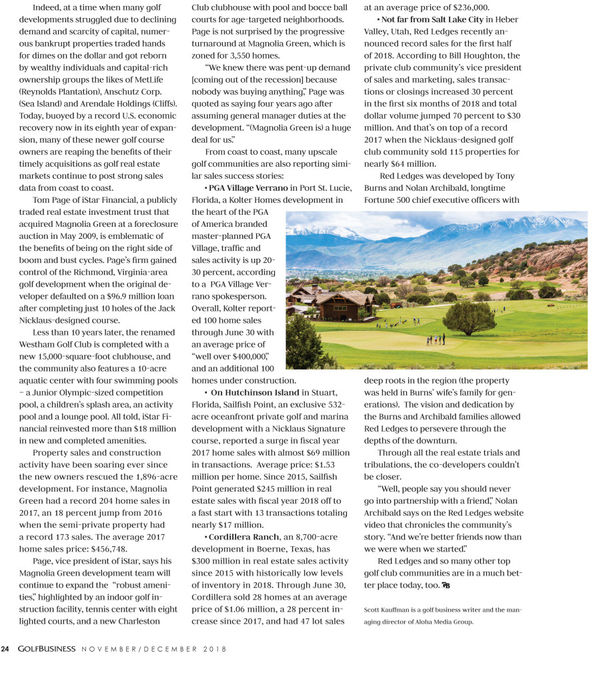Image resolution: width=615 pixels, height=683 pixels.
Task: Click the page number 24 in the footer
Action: click(5, 649)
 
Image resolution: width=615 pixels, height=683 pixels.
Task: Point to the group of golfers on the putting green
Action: click(436, 339)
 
